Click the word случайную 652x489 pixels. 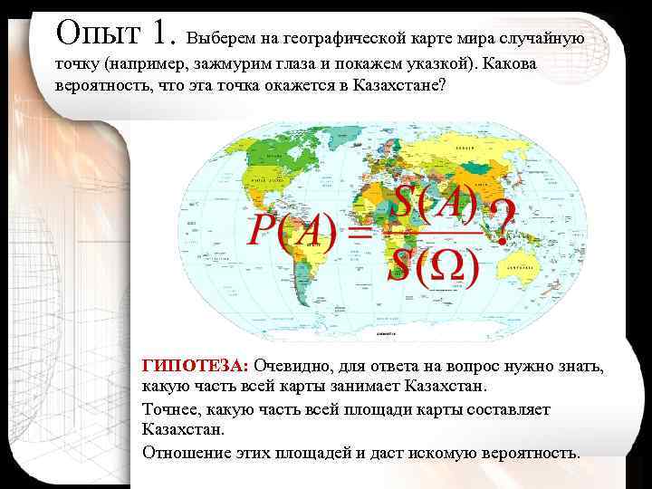point(540,39)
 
